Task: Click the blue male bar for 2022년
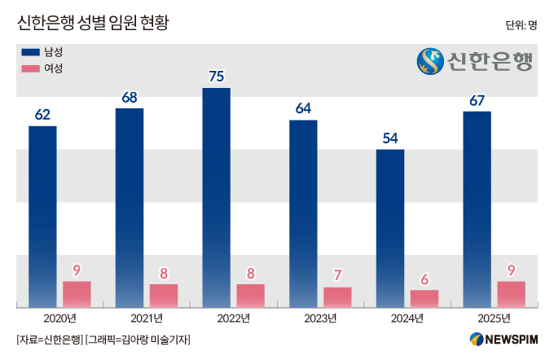click(x=216, y=197)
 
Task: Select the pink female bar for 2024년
click(x=424, y=299)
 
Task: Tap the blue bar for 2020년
click(x=42, y=217)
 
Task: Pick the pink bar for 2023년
click(x=337, y=297)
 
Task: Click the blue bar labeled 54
click(x=390, y=228)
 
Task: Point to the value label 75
click(x=216, y=77)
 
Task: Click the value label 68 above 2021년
click(x=130, y=97)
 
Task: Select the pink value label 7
click(x=337, y=275)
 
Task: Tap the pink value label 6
click(x=424, y=279)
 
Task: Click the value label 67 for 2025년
click(x=477, y=101)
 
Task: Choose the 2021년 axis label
click(x=147, y=318)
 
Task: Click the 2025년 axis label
click(x=494, y=318)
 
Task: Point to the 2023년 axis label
click(x=320, y=318)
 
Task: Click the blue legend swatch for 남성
click(x=30, y=52)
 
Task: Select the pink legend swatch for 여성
click(x=30, y=68)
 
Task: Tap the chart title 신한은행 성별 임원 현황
click(x=93, y=23)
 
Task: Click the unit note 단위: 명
click(x=521, y=25)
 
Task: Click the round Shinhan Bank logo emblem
click(x=430, y=61)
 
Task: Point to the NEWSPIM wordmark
click(x=512, y=340)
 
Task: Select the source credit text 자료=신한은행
click(x=50, y=340)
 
